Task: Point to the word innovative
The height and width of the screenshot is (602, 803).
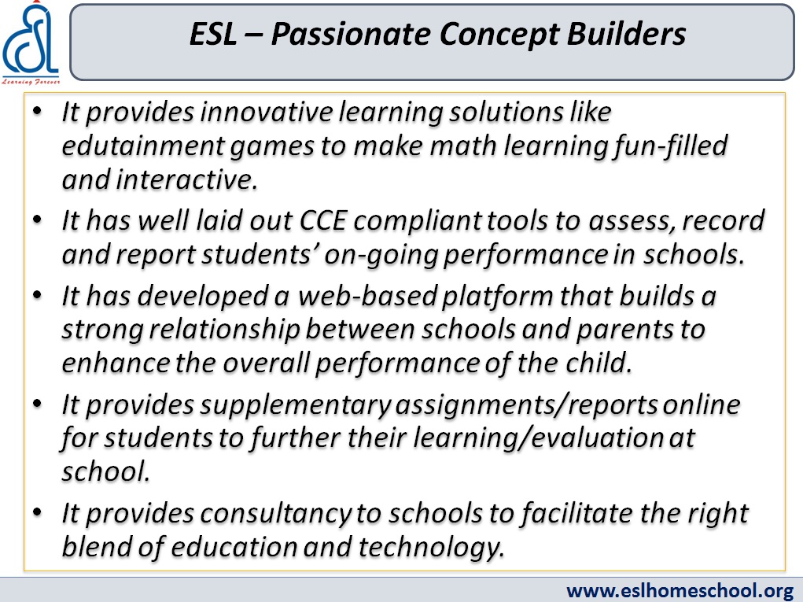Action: (267, 111)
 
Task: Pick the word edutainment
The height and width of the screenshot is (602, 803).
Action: (143, 146)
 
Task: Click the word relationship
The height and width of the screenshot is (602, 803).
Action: (224, 331)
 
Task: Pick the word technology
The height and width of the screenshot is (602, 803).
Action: (430, 547)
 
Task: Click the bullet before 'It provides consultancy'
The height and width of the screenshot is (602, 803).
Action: (37, 512)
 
